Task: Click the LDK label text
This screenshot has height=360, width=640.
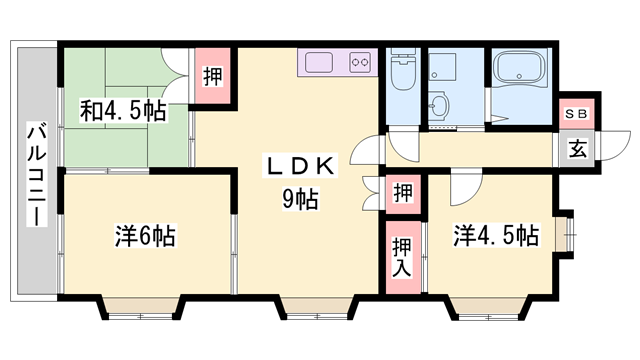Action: point(300,166)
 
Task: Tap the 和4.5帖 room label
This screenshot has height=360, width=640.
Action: point(123,111)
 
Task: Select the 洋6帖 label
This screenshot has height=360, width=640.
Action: point(145,236)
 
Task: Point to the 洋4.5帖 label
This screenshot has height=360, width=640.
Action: point(496,235)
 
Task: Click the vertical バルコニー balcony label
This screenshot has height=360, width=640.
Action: point(37,174)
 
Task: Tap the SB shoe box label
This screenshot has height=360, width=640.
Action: point(577,114)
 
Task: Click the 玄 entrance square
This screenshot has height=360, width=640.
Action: point(577,149)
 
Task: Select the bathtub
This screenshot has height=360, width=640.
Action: point(519,69)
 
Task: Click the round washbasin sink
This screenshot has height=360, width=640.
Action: point(439,106)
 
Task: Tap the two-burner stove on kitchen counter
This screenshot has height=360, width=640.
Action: point(360,62)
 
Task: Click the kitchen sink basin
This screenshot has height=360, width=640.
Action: point(319,62)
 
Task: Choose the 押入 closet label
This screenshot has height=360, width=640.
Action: point(402,257)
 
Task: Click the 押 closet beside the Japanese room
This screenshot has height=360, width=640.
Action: point(213,76)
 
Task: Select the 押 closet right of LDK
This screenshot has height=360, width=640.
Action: point(403,193)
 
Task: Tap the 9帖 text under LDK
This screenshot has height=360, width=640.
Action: point(300,198)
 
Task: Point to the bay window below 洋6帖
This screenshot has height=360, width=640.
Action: point(140,309)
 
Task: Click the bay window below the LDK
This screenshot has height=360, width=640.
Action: point(317,309)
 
